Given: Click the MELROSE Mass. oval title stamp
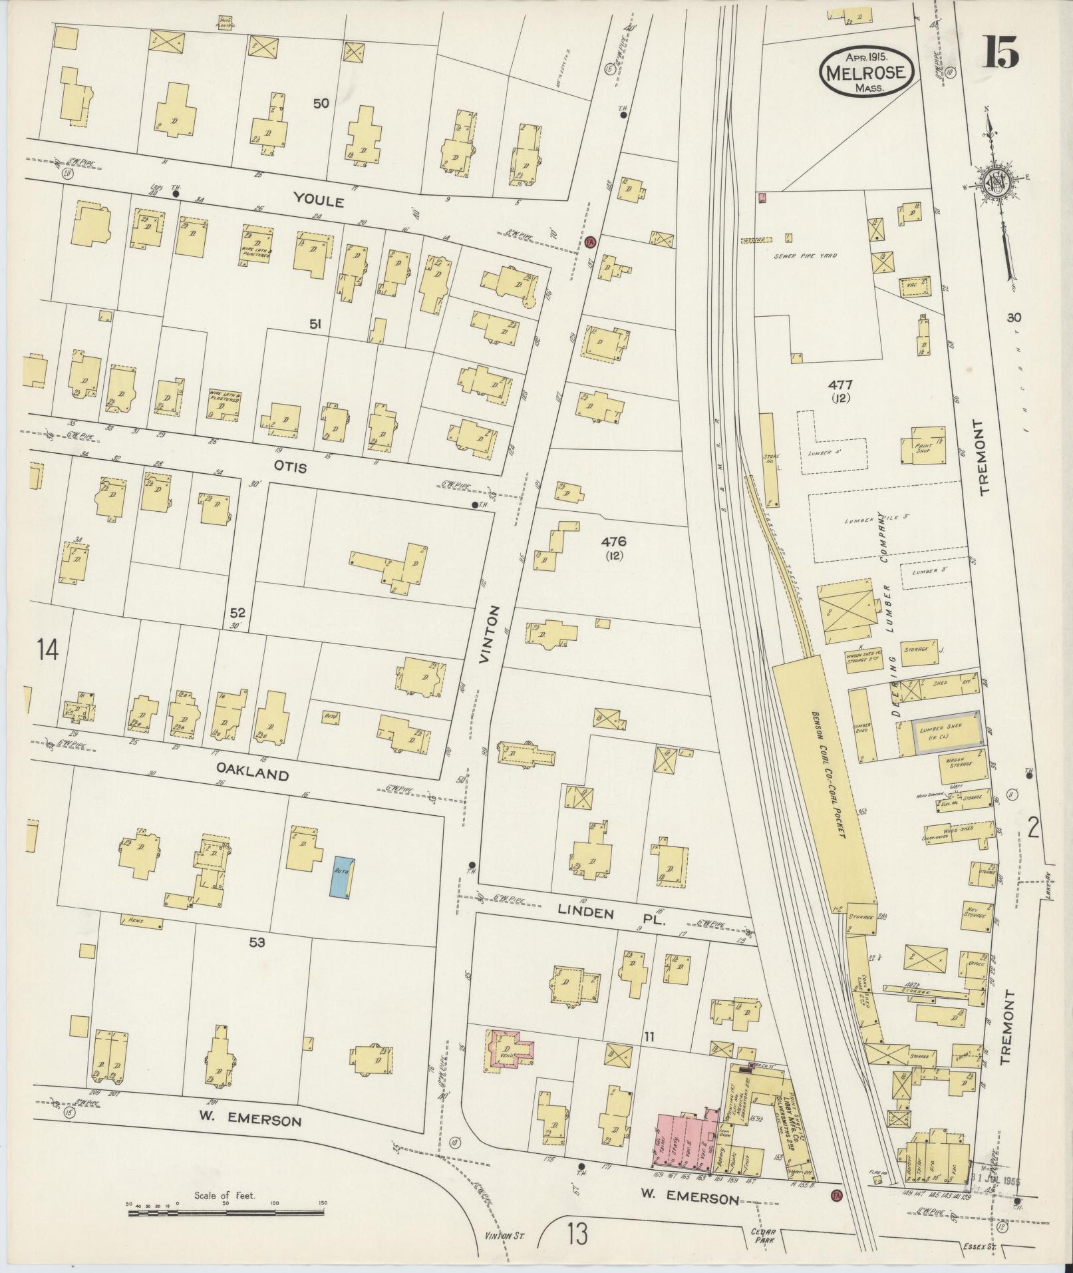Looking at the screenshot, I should pyautogui.click(x=866, y=71).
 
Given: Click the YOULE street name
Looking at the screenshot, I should pyautogui.click(x=320, y=200).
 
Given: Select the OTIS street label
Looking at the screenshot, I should pyautogui.click(x=289, y=467).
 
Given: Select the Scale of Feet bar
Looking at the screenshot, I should pyautogui.click(x=226, y=1212).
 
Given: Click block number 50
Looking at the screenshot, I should pyautogui.click(x=322, y=103).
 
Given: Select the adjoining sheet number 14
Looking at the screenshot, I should pyautogui.click(x=49, y=649).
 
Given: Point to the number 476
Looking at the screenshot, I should pyautogui.click(x=613, y=541).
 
